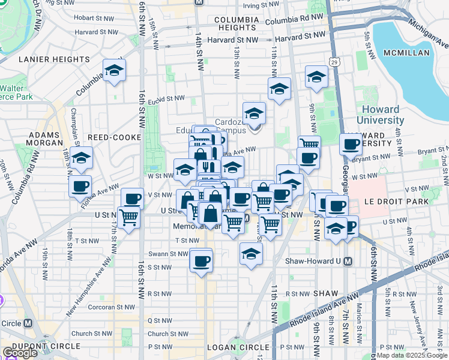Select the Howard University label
pos(381,115)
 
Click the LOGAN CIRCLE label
pos(238,347)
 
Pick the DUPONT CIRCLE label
pos(50,346)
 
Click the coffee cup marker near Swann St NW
pos(202,260)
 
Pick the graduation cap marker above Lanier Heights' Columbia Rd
pos(113,71)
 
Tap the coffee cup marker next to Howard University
pos(351,144)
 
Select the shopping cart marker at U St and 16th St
pos(128,218)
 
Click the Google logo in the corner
pos(20,353)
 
